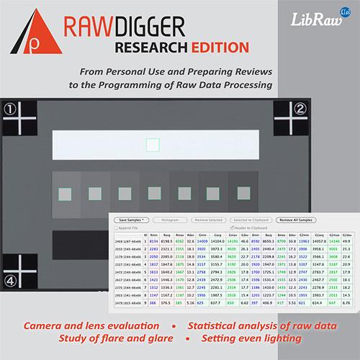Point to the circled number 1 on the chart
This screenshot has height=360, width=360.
tap(9, 109)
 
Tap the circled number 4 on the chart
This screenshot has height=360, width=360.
tap(9, 279)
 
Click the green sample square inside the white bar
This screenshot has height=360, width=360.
tap(152, 145)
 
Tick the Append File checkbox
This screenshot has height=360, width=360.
tap(118, 228)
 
